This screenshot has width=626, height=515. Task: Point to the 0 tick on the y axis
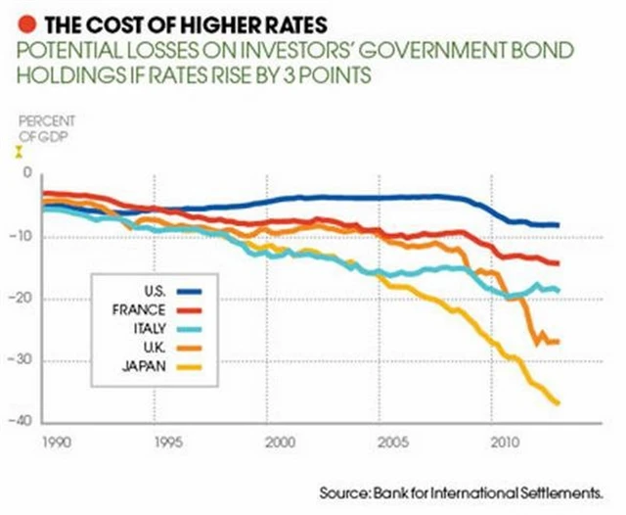(x=27, y=173)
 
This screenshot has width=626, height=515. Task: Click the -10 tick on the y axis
(x=23, y=236)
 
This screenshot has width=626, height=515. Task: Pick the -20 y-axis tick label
(x=23, y=299)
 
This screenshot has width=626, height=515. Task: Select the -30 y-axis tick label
(x=23, y=360)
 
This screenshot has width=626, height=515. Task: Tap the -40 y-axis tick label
(x=23, y=422)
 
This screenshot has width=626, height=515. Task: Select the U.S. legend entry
(x=156, y=292)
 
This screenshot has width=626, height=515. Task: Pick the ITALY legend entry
(x=155, y=329)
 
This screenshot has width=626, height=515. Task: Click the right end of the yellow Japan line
(x=558, y=402)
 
